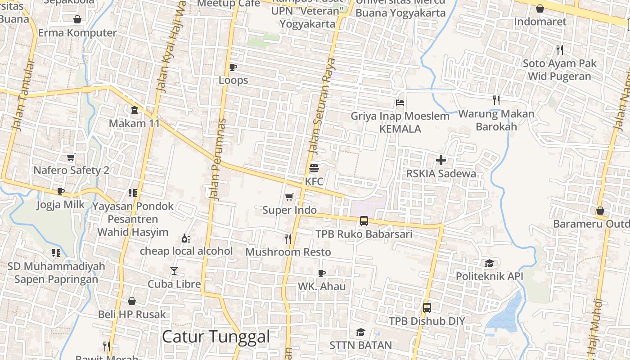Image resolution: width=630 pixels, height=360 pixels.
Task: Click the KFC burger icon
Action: coord(314,168)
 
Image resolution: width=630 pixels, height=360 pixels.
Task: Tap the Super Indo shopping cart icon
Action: coord(289,197)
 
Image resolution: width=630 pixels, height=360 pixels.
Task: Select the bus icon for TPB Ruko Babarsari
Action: coord(364,221)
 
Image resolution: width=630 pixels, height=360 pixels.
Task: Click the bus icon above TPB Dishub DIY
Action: coord(427,308)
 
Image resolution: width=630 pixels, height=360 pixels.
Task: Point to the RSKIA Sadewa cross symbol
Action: coord(441,160)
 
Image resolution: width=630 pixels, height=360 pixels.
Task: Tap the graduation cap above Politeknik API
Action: coord(489,263)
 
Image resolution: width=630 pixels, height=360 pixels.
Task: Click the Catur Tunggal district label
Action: coord(216,337)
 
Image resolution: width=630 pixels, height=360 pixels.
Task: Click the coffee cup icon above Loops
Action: coord(233,67)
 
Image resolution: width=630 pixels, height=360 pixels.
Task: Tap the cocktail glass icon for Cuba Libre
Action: coord(174,270)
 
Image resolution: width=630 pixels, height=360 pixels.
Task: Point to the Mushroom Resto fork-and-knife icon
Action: coord(288,238)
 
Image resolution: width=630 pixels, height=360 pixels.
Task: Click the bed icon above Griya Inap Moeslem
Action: coord(400,102)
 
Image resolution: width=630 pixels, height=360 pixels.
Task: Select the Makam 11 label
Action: coord(134,123)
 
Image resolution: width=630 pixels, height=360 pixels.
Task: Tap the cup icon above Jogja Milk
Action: coord(60,191)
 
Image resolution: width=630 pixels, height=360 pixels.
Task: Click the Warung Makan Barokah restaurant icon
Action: coord(496,100)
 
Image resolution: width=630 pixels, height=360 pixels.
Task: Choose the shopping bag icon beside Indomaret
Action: coord(540,9)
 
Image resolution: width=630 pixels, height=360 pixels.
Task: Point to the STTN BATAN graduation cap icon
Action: coord(360,332)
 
